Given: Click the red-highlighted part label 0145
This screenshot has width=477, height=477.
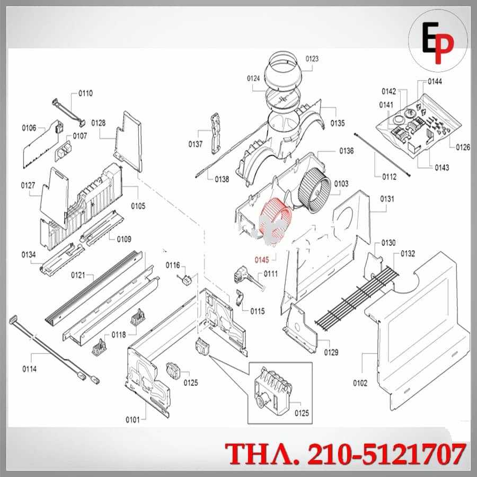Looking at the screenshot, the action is coord(262,260).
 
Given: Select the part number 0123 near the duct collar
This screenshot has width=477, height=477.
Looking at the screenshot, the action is coord(312,59).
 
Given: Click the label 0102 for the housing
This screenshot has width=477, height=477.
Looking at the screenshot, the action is coord(360,383).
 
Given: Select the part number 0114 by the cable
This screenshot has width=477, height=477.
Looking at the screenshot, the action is coord(29,369).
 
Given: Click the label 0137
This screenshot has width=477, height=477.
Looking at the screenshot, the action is coord(195,144).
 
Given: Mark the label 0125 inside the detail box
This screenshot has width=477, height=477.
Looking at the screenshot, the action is coord(302,413).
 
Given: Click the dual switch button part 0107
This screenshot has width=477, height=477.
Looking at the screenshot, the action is coord(63,152).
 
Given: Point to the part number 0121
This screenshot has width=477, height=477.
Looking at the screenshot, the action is coord(78,275).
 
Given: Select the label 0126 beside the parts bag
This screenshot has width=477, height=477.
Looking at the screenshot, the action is coord(463,147).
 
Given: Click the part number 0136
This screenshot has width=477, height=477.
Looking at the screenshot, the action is coord(347,151).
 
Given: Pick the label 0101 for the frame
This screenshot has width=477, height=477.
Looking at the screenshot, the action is coord(132,420).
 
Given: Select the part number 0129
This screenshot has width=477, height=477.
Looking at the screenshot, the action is coord(331,352).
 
